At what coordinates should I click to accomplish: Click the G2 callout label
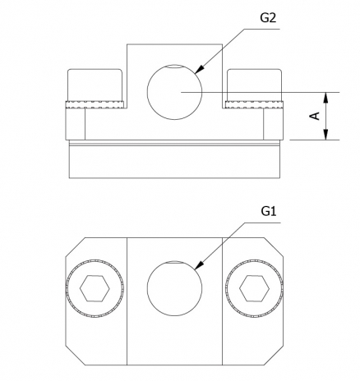point(268,18)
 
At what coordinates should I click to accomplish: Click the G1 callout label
point(269,211)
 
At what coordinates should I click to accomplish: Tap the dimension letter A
point(315,116)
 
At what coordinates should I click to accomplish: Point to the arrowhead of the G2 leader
point(199,69)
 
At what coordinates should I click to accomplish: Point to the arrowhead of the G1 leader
point(199,265)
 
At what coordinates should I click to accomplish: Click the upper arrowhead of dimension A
point(325,98)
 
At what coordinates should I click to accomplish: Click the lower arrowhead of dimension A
point(325,135)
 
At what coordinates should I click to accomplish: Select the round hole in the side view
point(174,92)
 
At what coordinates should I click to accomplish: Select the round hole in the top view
point(174,288)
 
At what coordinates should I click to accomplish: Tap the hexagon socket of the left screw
point(95,288)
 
